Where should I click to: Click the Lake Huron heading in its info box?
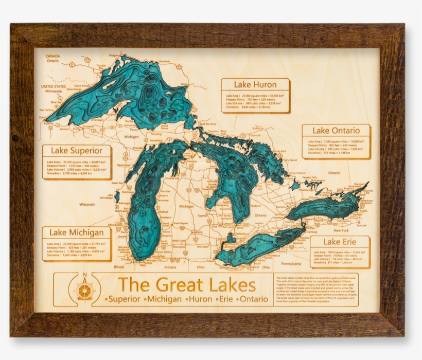pos(255,85)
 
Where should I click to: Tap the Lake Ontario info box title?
pos(336,131)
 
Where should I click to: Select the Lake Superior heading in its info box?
pos(80,151)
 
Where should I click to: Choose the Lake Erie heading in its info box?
pos(339,242)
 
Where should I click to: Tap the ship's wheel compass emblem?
pos(84,291)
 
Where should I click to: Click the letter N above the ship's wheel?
pos(84,275)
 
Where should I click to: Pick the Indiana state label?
pos(170,267)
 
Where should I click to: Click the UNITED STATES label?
pos(54,86)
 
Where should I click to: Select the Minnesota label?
pos(53,92)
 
